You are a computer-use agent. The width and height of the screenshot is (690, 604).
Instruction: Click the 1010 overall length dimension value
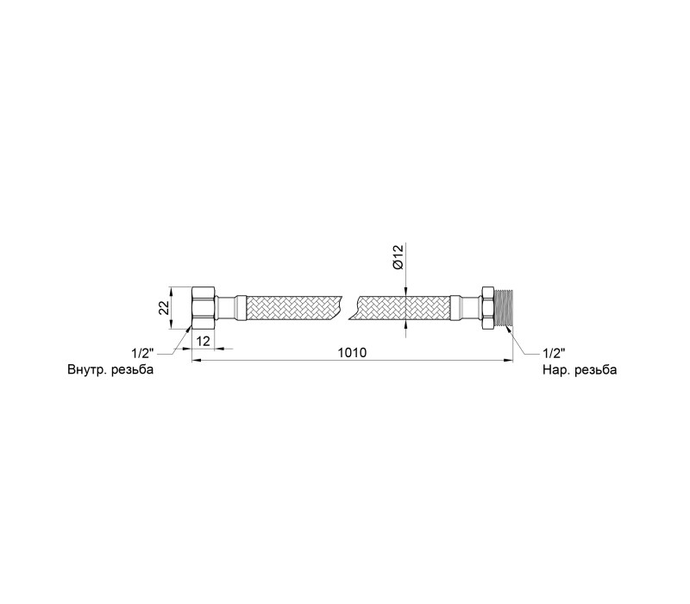(x=352, y=353)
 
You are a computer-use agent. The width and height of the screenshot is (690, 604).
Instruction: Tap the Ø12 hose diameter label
(x=398, y=257)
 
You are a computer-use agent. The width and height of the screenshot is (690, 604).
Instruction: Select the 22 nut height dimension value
(x=164, y=308)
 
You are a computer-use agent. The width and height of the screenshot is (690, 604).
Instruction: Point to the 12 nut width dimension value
(x=203, y=341)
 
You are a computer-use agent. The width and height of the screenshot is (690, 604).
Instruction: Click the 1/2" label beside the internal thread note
(x=142, y=353)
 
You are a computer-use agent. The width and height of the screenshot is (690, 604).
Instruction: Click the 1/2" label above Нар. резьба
(x=554, y=353)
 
